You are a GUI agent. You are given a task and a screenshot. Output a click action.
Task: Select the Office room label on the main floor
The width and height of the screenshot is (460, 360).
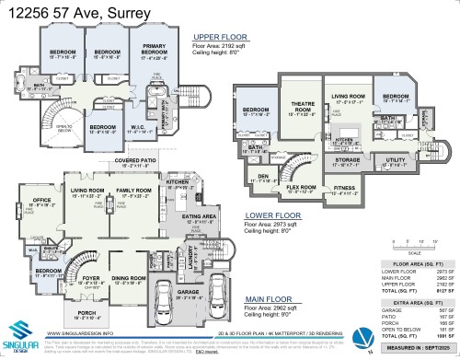(41, 200)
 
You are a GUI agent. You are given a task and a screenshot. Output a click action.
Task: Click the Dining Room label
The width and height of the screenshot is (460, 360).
(128, 277)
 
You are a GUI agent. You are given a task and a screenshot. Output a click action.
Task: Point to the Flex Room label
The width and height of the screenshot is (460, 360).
(302, 187)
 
